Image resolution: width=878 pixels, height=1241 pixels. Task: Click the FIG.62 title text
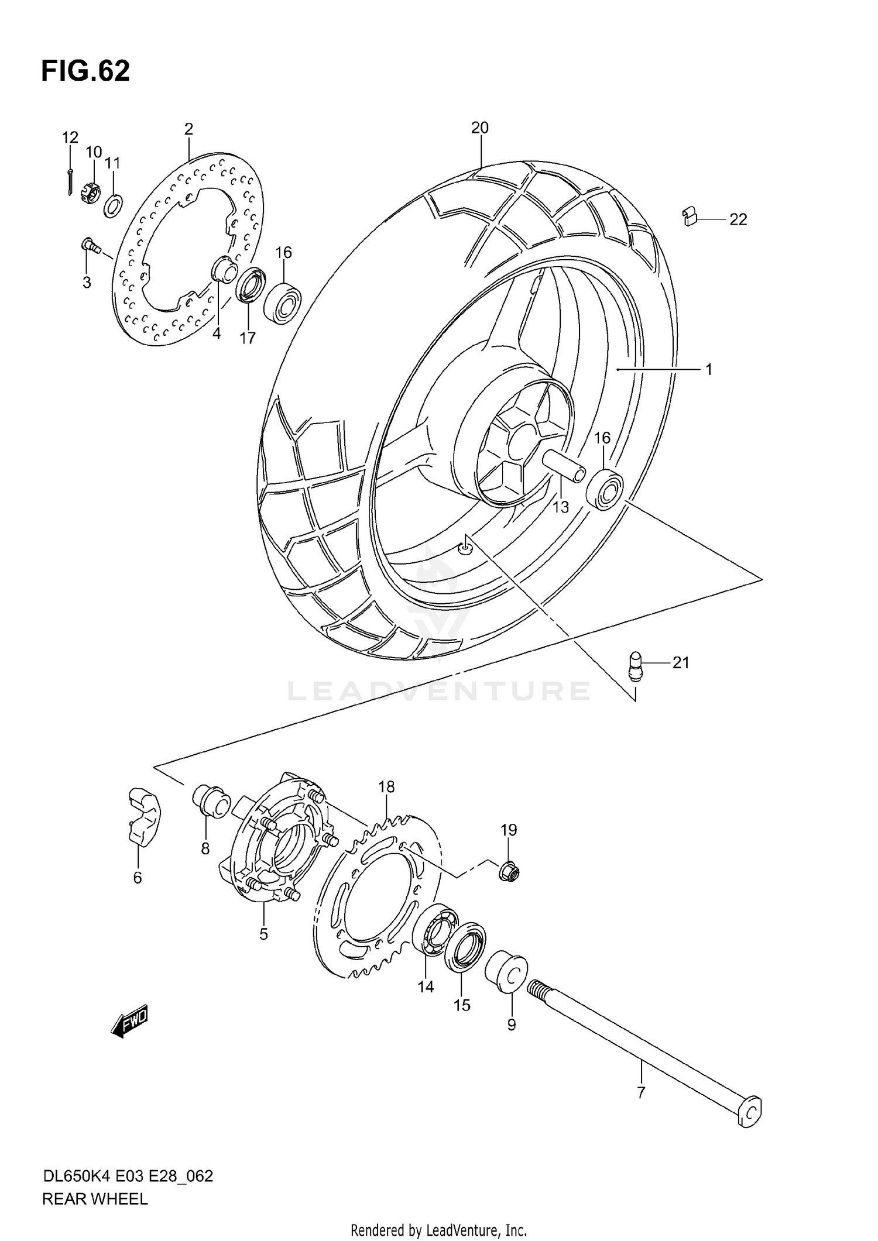click(x=85, y=71)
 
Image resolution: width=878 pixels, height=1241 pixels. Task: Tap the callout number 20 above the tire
click(x=479, y=128)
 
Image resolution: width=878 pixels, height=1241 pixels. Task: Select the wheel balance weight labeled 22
click(x=690, y=217)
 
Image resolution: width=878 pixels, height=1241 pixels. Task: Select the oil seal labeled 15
click(x=465, y=947)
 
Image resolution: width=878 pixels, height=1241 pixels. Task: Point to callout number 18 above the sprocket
click(x=386, y=787)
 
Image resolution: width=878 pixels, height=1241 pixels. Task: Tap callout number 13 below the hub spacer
click(x=561, y=507)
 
